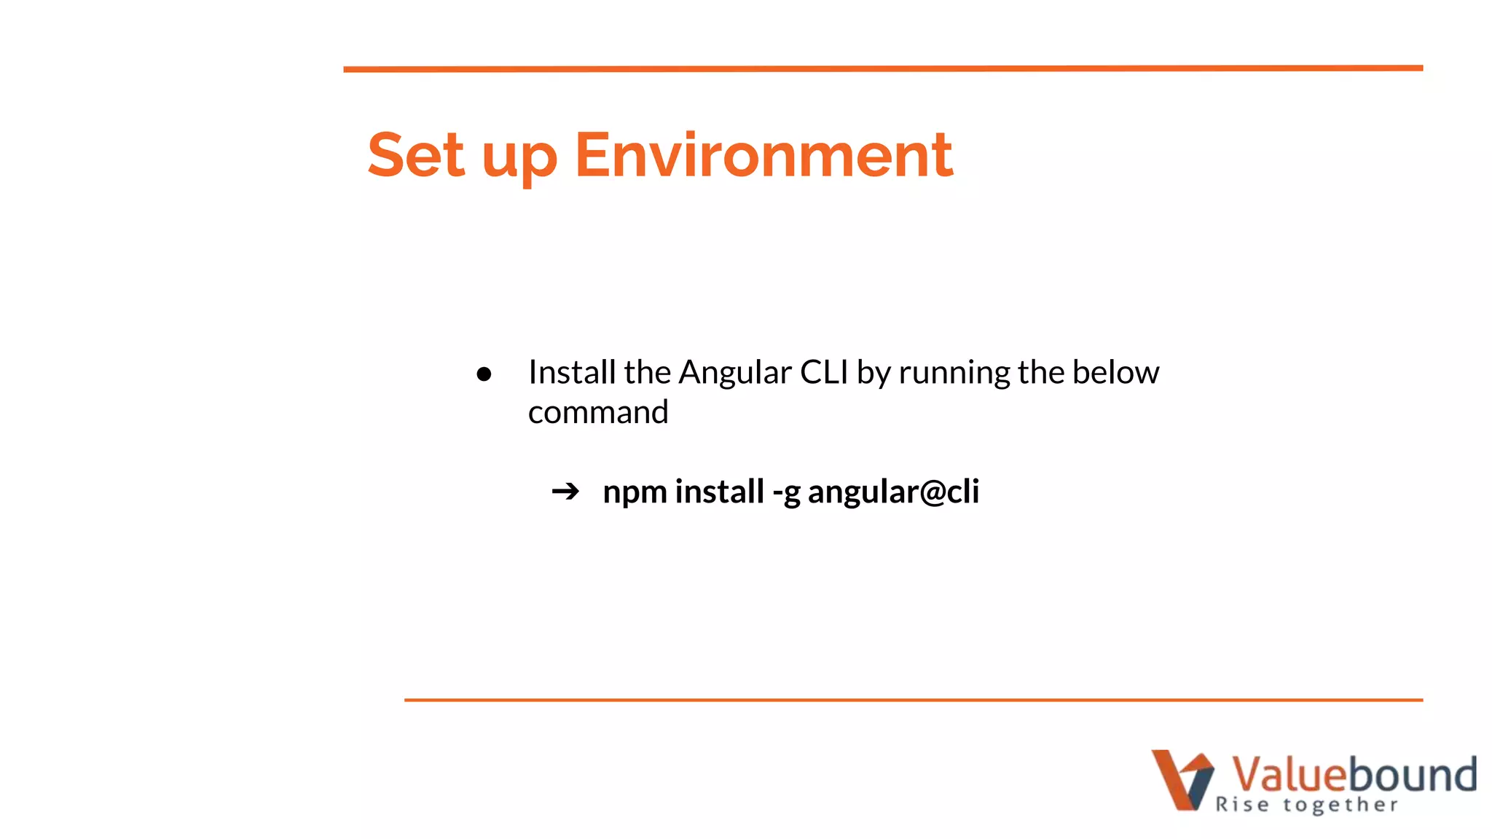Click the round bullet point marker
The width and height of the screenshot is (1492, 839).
coord(484,374)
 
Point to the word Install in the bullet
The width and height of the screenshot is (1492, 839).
coord(572,372)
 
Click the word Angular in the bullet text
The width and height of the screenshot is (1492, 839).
coord(734,374)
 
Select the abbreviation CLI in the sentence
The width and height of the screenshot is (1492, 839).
coord(824,372)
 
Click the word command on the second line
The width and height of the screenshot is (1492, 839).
coord(598,412)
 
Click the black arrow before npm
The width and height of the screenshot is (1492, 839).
coord(565,492)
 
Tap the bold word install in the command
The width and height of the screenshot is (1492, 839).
coord(719,491)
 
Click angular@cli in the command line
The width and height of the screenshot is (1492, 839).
coord(893,492)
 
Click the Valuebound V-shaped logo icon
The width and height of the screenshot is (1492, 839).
coord(1182,779)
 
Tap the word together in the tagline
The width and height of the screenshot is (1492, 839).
coord(1340,805)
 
